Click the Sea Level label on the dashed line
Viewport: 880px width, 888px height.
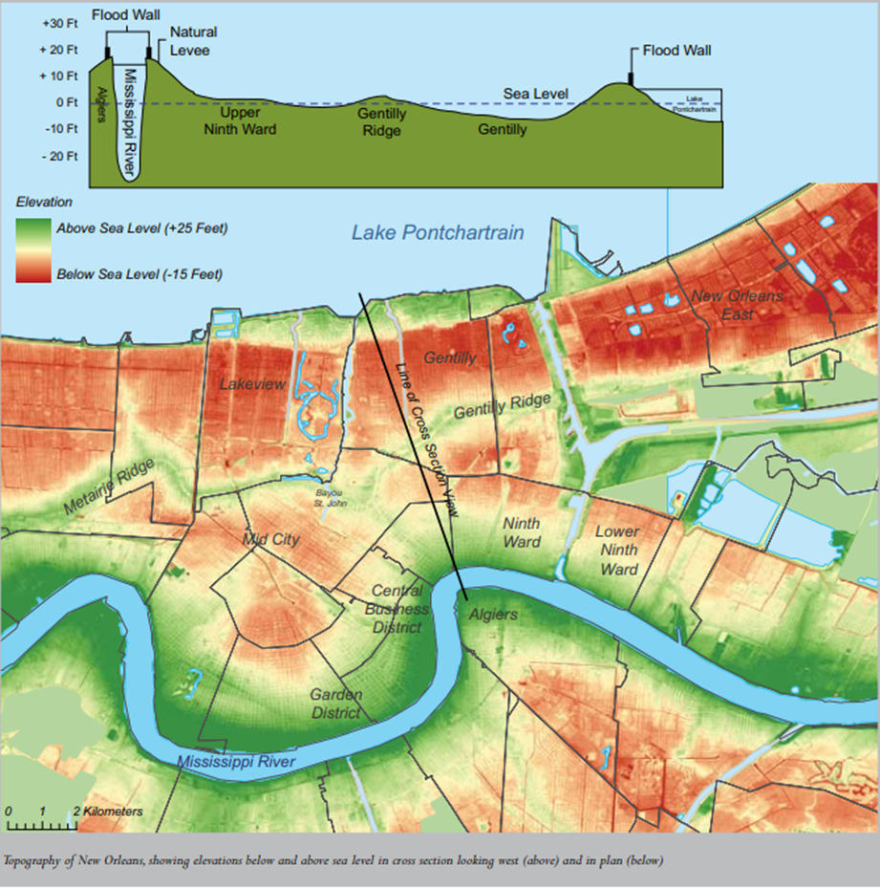(x=536, y=94)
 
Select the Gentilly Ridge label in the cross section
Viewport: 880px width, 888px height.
(x=381, y=121)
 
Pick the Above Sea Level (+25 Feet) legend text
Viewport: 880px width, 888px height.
(x=140, y=228)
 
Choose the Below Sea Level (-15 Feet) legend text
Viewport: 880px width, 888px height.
(x=139, y=274)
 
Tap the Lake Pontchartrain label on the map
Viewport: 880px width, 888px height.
(x=438, y=232)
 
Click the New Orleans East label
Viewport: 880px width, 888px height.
(x=737, y=305)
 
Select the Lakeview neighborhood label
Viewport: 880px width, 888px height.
(x=252, y=384)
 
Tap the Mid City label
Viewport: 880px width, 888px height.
(x=271, y=539)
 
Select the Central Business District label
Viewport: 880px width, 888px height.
(x=397, y=609)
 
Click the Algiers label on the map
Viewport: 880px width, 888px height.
(x=493, y=615)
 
